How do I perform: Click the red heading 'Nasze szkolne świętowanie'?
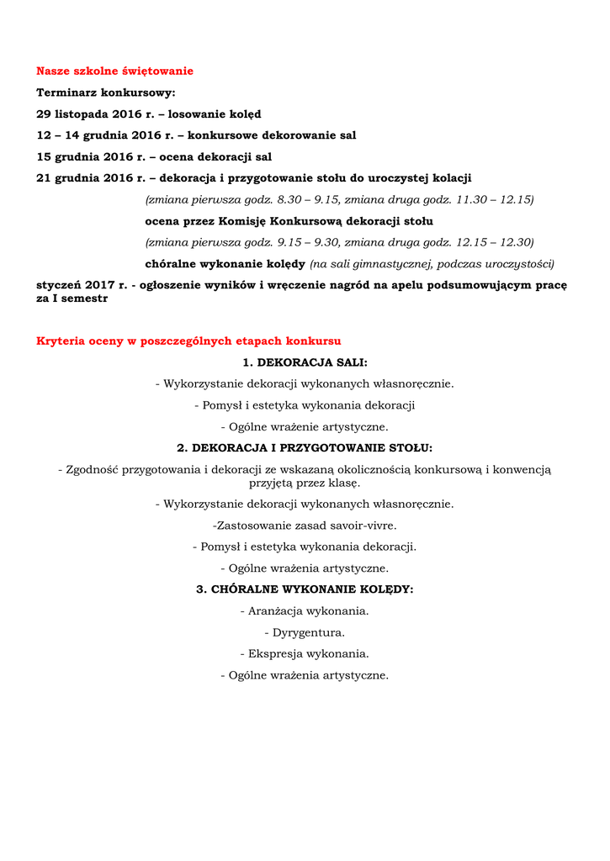pos(114,71)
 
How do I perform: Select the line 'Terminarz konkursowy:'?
pos(106,92)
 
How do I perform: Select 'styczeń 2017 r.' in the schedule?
pos(80,285)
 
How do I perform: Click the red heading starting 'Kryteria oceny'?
pos(188,341)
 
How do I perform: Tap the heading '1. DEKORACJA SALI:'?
pos(305,362)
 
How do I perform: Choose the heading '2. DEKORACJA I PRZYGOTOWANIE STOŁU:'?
pos(305,448)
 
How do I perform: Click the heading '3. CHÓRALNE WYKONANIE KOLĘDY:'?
pos(305,589)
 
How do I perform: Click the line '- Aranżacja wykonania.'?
pos(305,611)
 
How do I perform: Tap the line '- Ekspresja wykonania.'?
pos(305,653)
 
